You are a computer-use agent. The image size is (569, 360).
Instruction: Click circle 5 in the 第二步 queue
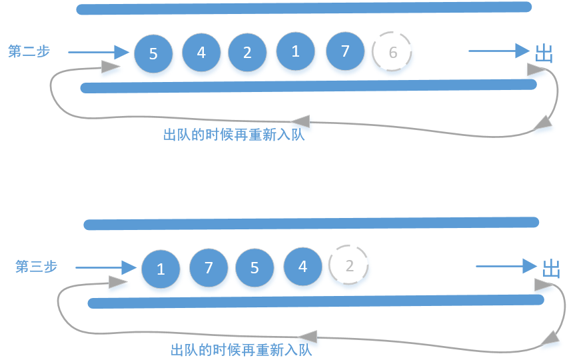(153, 53)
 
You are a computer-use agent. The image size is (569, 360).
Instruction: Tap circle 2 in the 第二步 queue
(247, 52)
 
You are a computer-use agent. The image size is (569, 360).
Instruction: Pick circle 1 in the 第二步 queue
(296, 51)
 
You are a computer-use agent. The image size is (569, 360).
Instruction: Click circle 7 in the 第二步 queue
(345, 51)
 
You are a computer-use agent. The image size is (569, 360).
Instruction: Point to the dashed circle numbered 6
(392, 52)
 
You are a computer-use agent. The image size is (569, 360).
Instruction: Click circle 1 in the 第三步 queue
(161, 269)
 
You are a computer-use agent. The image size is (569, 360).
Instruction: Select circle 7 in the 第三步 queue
(209, 268)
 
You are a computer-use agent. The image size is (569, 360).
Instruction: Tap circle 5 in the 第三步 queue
(255, 268)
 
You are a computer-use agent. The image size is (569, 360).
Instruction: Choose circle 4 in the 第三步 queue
(303, 266)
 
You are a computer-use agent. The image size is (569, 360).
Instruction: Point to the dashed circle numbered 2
(349, 266)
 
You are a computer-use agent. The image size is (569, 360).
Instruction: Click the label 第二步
(29, 51)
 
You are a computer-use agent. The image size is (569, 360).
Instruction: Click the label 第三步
(36, 267)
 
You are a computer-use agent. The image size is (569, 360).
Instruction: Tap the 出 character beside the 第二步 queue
(544, 53)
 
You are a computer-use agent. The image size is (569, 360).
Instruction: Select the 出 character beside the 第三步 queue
(551, 269)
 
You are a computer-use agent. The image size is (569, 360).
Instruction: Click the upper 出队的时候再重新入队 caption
(239, 134)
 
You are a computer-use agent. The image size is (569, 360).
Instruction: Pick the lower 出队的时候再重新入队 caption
(246, 350)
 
